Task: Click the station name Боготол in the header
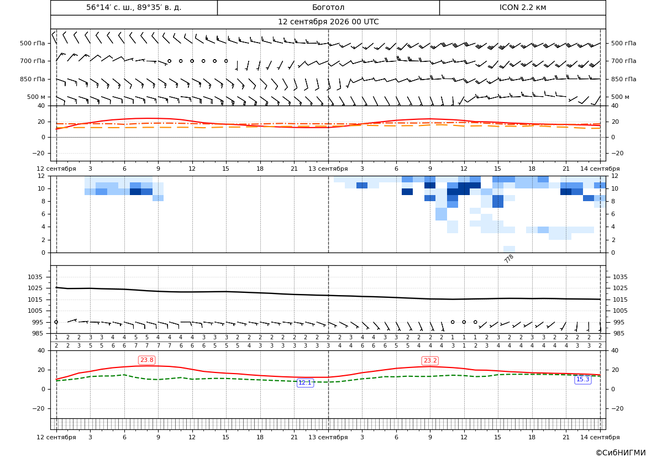pos(328,7)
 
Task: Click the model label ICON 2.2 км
pos(522,7)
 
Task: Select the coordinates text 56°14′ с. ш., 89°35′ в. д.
pos(134,7)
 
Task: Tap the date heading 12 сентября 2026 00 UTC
pos(328,22)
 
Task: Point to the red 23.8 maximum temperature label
pos(146,360)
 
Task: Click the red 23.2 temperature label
pos(430,361)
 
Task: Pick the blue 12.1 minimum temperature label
pos(305,383)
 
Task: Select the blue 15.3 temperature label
pos(582,380)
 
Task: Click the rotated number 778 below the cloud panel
pos(509,259)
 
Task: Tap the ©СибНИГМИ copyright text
pos(621,453)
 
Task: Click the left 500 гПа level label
pos(33,43)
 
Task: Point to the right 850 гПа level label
pos(623,79)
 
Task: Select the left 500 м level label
pos(36,97)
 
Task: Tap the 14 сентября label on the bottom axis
pos(600,437)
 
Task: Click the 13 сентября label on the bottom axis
pos(328,437)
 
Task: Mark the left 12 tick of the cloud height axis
pos(42,176)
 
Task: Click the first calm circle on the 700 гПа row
pos(169,61)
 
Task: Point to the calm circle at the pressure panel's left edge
pos(56,322)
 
